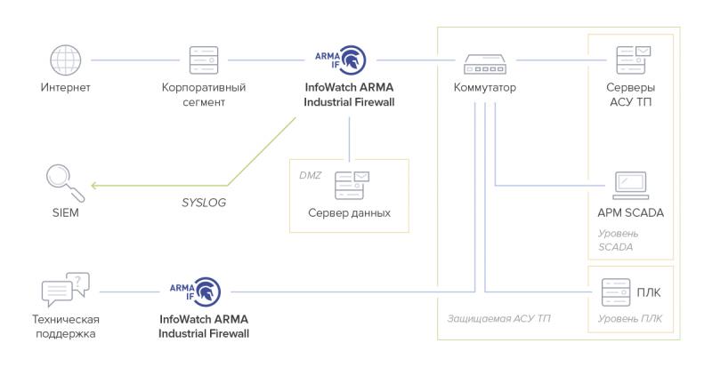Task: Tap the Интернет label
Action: click(65, 88)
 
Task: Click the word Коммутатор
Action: click(484, 88)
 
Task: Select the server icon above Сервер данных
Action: click(349, 185)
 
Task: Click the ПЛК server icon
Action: click(616, 291)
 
